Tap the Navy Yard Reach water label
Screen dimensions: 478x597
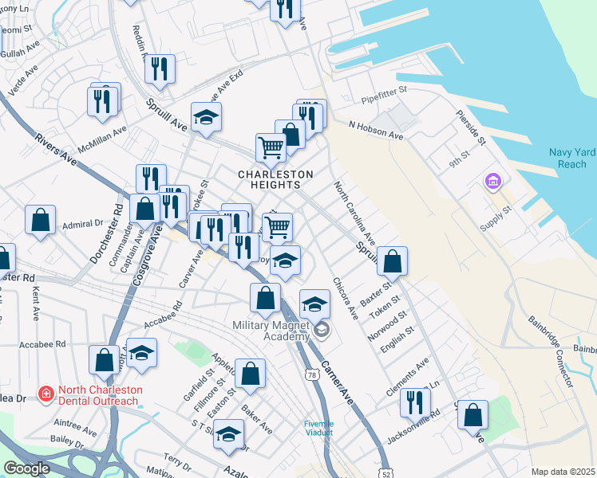coord(567,159)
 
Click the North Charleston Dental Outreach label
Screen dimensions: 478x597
coord(100,395)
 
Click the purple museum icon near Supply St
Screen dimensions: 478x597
coord(492,182)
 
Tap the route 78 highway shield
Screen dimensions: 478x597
coord(309,374)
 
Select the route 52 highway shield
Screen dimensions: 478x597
coord(386,461)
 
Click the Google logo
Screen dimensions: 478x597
coord(26,468)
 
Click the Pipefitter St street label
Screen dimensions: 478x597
coord(384,96)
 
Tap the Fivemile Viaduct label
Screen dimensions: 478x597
coord(323,428)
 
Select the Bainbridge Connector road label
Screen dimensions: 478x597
coord(551,351)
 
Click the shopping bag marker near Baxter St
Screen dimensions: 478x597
coord(392,260)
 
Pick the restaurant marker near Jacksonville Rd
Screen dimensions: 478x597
coord(414,402)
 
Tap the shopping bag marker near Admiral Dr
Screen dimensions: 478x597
coord(40,219)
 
